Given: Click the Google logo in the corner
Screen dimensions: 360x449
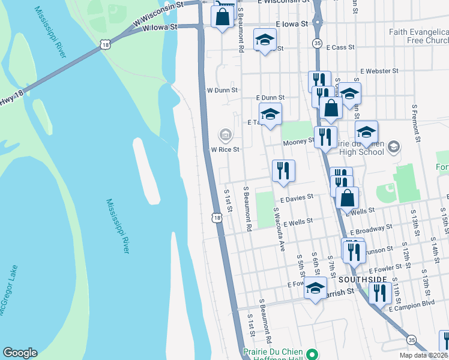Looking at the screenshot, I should (20, 353).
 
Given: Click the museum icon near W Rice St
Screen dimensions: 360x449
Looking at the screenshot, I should (225, 134).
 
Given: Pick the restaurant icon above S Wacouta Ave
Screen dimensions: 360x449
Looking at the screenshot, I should (283, 170).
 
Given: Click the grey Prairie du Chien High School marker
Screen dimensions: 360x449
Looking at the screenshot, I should (394, 146).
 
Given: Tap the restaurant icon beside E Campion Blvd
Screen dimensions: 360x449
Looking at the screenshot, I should (380, 293).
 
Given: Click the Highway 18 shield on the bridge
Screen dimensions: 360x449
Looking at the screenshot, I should (106, 44).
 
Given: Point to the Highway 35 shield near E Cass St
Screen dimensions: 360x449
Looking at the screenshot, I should (317, 43).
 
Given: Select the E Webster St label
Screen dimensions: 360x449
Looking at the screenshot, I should (379, 71).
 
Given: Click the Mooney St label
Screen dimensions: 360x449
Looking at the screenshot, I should (298, 142).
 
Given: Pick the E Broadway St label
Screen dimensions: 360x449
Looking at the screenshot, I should (370, 229).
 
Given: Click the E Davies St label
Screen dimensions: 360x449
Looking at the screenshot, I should (297, 197).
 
